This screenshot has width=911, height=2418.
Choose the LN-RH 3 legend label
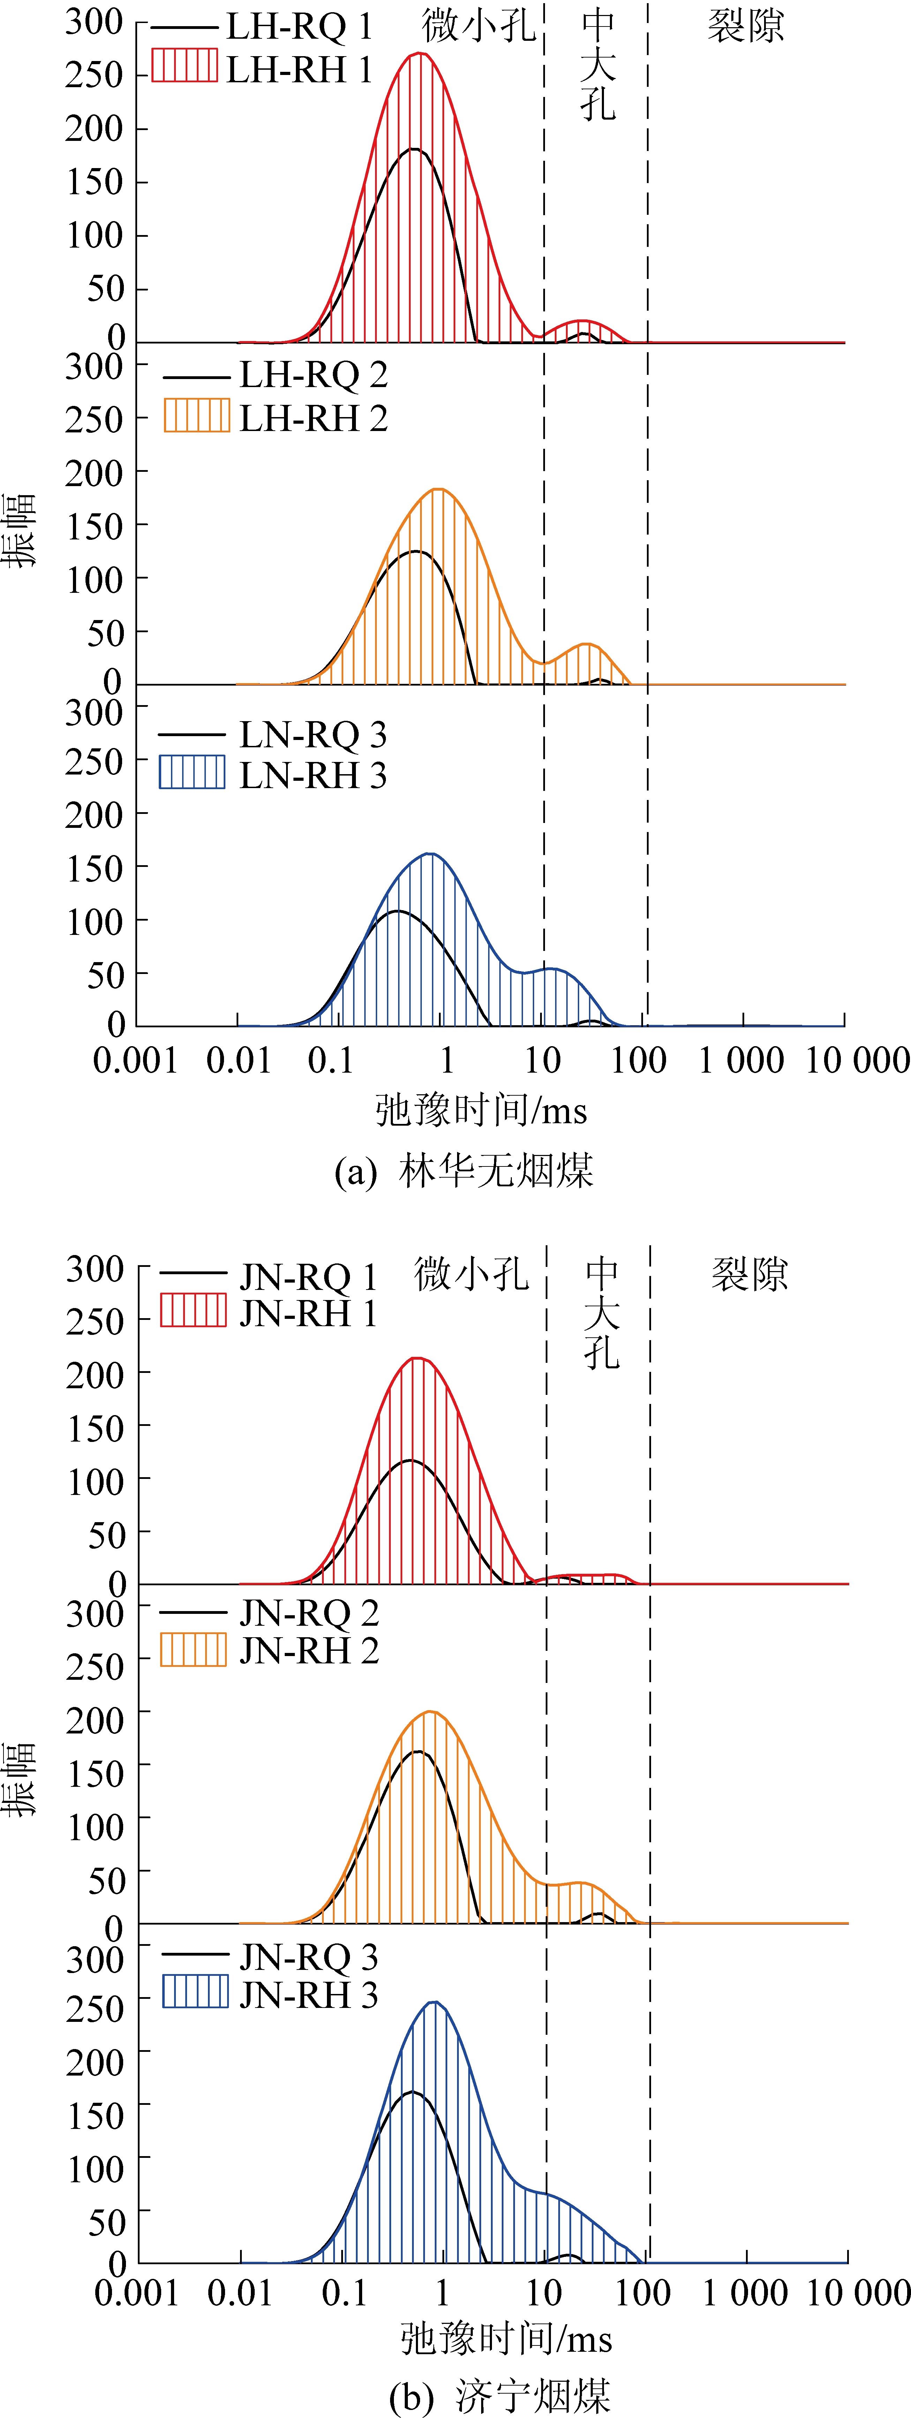313,775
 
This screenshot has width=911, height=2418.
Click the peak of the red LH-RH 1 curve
420,53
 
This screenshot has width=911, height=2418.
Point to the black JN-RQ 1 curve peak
410,1460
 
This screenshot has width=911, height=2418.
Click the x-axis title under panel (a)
481,1110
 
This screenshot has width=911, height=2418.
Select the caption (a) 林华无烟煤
464,1171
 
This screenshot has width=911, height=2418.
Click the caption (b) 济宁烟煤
500,2395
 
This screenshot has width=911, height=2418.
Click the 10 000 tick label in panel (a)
857,1061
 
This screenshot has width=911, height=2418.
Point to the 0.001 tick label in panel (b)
137,2293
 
